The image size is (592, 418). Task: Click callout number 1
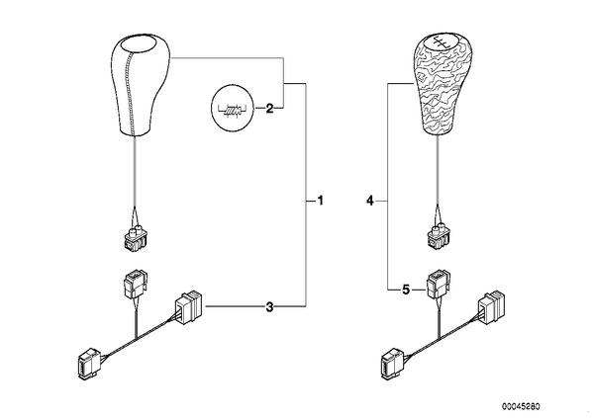(x=320, y=201)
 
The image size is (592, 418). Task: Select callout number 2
(x=269, y=109)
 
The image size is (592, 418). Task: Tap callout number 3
(x=269, y=306)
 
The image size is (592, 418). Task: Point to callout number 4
(x=370, y=201)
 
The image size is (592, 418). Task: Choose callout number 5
(x=406, y=291)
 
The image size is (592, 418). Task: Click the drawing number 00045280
(x=521, y=407)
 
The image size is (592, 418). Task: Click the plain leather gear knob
(x=141, y=84)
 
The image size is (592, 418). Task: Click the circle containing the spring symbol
(x=232, y=110)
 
